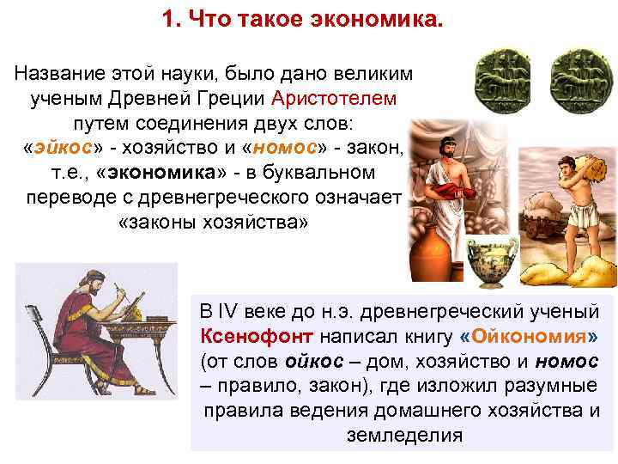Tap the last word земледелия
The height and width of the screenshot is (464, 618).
[x=403, y=435]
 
